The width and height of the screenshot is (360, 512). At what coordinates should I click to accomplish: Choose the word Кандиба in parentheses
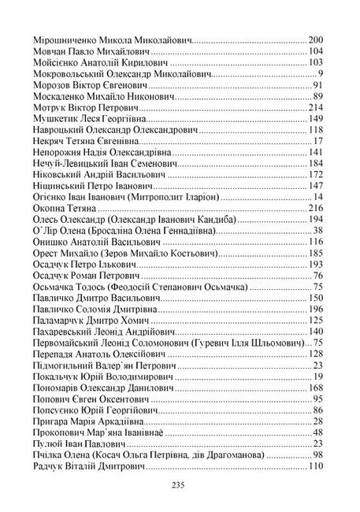[279, 219]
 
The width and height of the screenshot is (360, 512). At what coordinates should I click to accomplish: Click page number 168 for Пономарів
[316, 388]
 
